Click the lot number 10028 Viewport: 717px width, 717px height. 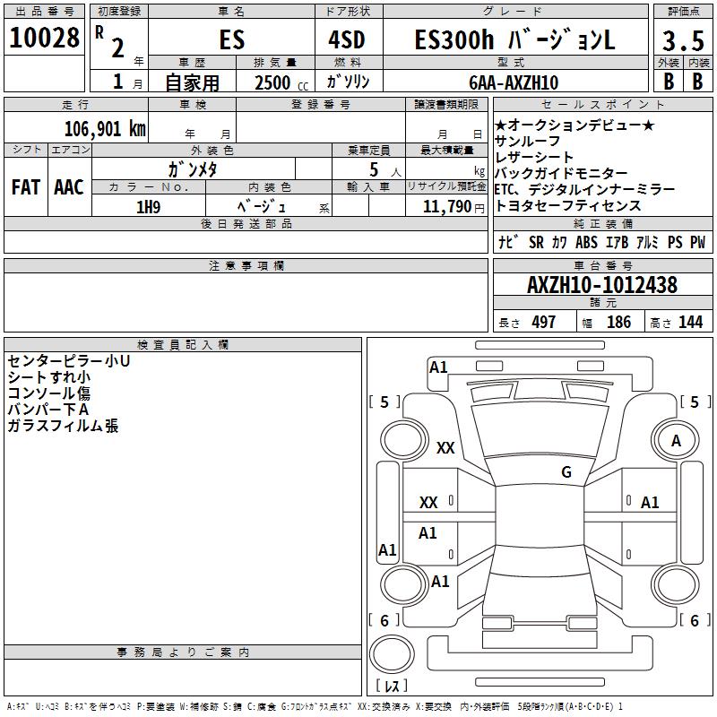(x=45, y=39)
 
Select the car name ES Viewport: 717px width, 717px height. (x=231, y=40)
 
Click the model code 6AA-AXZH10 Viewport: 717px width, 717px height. (x=514, y=82)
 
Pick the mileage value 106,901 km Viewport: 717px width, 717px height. (x=105, y=128)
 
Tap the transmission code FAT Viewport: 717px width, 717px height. (x=25, y=187)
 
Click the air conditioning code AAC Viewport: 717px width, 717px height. (x=68, y=187)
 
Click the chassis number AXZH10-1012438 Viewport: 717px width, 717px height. (x=602, y=286)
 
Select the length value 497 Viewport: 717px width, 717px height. (x=543, y=323)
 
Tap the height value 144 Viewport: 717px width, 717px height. (x=690, y=323)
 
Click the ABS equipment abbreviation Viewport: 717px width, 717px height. (x=586, y=242)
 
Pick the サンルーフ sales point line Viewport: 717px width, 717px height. (x=528, y=142)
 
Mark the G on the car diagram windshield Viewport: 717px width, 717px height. (x=566, y=472)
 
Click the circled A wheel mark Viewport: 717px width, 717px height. (x=676, y=441)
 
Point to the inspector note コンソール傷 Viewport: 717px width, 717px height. (x=48, y=393)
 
